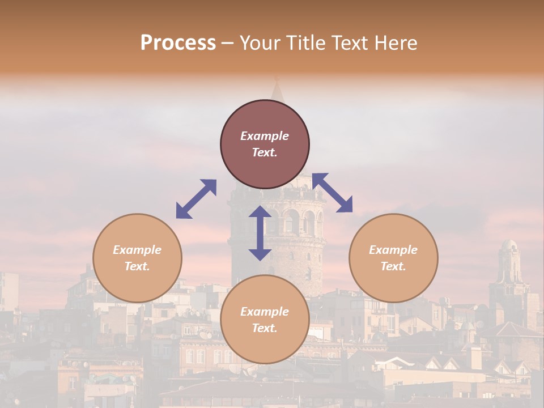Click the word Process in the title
pyautogui.click(x=178, y=43)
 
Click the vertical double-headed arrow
pyautogui.click(x=260, y=233)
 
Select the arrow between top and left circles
pyautogui.click(x=196, y=199)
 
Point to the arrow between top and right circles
pyautogui.click(x=333, y=193)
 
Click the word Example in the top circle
pyautogui.click(x=265, y=136)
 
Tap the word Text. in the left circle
pyautogui.click(x=137, y=266)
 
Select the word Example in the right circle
pyautogui.click(x=393, y=250)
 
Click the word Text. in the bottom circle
pyautogui.click(x=265, y=328)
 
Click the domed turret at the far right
pyautogui.click(x=509, y=249)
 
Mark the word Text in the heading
pyautogui.click(x=348, y=43)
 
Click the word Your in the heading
pyautogui.click(x=260, y=43)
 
